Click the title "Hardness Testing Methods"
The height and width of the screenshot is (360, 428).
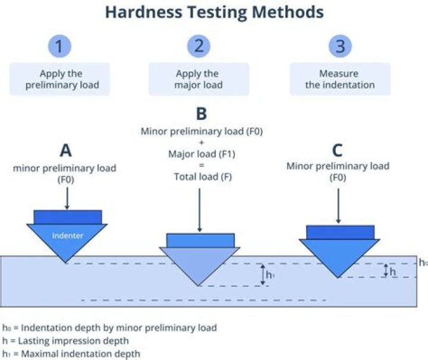pos(215,12)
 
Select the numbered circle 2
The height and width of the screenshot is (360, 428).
pos(199,46)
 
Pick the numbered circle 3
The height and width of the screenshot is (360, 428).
pos(339,46)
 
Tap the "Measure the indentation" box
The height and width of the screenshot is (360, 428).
pos(339,80)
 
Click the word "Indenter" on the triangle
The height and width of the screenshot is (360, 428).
pos(67,235)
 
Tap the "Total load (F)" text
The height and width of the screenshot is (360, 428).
pos(199,176)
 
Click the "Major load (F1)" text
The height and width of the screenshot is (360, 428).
pos(199,154)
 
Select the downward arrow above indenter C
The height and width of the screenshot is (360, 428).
pos(338,206)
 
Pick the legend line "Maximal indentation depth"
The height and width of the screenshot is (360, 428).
pos(71,353)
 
